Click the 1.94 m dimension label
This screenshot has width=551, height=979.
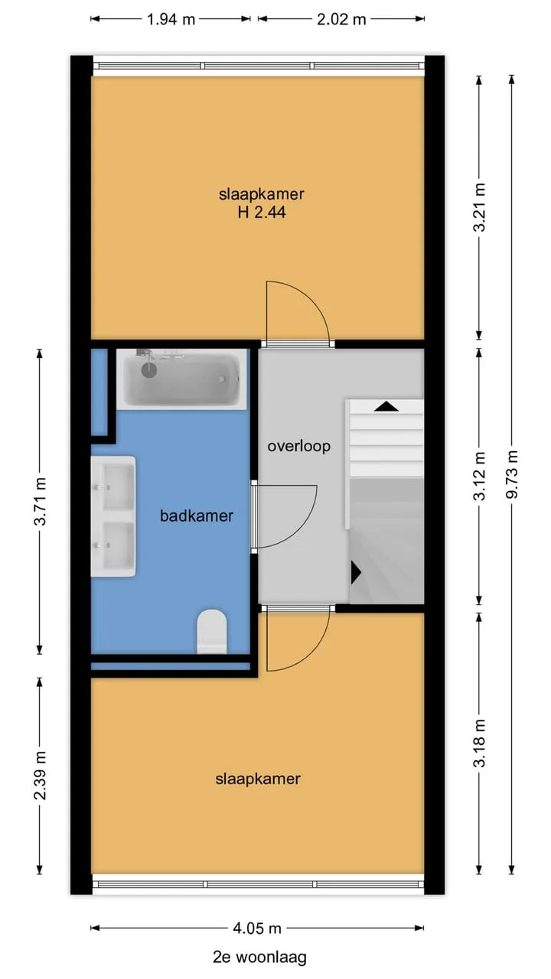tap(171, 19)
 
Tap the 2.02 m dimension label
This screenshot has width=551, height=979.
tap(341, 19)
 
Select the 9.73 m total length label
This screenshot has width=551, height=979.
tap(511, 474)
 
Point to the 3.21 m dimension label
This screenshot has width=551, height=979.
tap(480, 207)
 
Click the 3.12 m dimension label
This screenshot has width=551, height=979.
tap(480, 476)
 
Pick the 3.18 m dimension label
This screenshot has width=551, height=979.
tap(480, 743)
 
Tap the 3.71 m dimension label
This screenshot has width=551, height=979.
tap(40, 501)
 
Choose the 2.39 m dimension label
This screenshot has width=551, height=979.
tap(40, 776)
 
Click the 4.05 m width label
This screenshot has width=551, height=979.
tap(257, 929)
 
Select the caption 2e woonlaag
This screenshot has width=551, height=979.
tap(259, 957)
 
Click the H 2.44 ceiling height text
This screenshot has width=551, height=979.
tap(262, 213)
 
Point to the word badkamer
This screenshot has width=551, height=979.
tap(197, 516)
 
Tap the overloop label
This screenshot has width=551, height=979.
tap(299, 446)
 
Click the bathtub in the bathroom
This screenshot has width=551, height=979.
tap(181, 379)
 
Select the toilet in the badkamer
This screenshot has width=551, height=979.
tap(212, 631)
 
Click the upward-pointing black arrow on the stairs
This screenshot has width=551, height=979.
tap(386, 406)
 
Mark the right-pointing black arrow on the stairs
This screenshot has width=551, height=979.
tap(356, 573)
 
